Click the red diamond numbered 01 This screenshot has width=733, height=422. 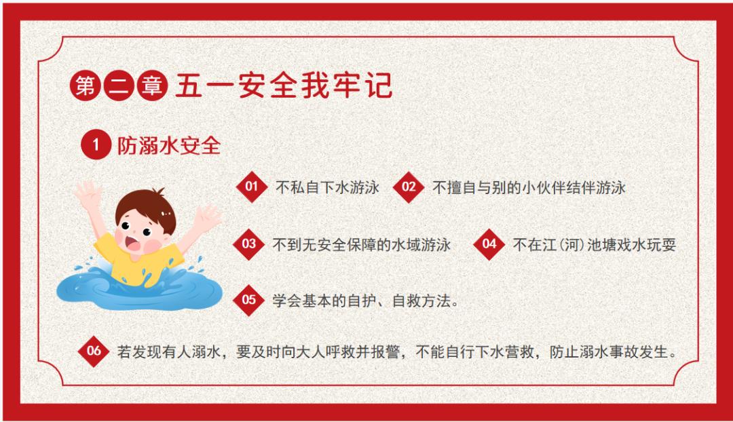pyautogui.click(x=252, y=187)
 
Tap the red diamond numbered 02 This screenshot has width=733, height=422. pyautogui.click(x=409, y=187)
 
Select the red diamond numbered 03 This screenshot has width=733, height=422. pyautogui.click(x=248, y=244)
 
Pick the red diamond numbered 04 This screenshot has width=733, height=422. pyautogui.click(x=489, y=244)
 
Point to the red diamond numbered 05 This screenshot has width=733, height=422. pyautogui.click(x=248, y=300)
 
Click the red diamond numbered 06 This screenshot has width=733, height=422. pyautogui.click(x=94, y=351)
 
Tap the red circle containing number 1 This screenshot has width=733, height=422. pyautogui.click(x=96, y=145)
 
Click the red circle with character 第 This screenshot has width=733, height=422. pyautogui.click(x=86, y=85)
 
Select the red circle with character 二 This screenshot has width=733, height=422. pyautogui.click(x=119, y=85)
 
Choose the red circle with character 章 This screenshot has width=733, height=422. pyautogui.click(x=152, y=85)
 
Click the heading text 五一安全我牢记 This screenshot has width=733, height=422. pyautogui.click(x=284, y=85)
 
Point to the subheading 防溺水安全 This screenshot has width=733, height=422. pyautogui.click(x=169, y=145)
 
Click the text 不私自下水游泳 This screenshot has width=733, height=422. pyautogui.click(x=327, y=187)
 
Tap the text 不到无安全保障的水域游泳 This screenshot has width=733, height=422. pyautogui.click(x=362, y=244)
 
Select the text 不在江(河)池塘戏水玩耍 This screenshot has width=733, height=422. pyautogui.click(x=595, y=244)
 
